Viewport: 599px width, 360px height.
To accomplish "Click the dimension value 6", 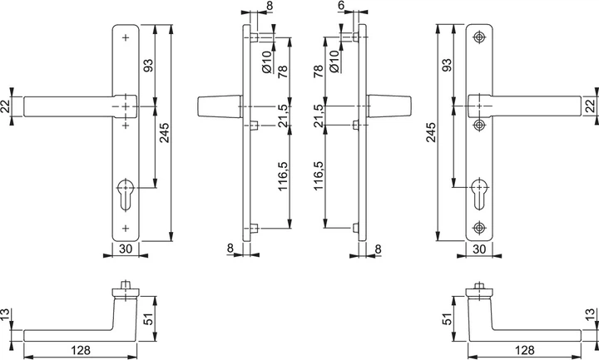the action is (341, 5).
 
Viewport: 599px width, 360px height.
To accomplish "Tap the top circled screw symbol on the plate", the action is (479, 37).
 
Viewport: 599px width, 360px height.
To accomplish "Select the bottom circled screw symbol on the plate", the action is (479, 228).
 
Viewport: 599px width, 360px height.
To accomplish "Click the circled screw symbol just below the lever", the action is (479, 125).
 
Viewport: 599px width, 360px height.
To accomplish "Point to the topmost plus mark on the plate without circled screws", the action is (126, 37).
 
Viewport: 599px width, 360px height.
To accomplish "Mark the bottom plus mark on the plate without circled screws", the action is (126, 229).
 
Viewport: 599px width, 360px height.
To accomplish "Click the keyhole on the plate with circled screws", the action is (479, 194).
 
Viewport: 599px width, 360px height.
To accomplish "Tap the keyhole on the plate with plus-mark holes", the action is (126, 195).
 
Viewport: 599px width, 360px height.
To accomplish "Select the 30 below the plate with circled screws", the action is (479, 249).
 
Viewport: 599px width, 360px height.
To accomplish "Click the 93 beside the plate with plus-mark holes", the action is (148, 65).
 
